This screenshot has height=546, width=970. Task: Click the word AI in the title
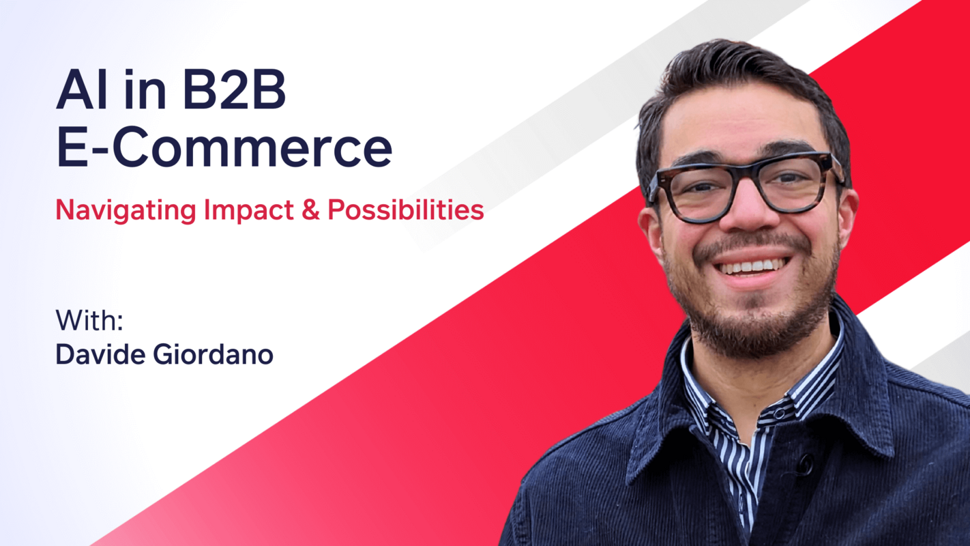pos(82,92)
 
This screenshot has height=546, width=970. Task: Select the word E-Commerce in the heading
pos(224,149)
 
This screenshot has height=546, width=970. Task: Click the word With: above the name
pos(89,321)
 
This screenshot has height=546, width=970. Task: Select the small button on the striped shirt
pos(778,414)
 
